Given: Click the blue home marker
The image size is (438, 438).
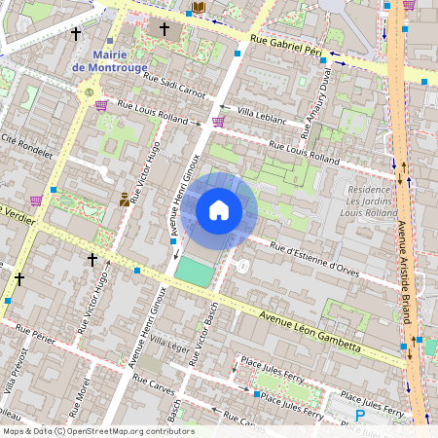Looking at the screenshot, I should click(x=219, y=209).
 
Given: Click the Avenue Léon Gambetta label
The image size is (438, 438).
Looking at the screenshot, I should click(x=310, y=331).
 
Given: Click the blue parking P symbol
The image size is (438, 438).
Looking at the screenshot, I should click(x=360, y=416).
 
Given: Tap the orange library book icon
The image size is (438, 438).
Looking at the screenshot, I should click(x=199, y=8).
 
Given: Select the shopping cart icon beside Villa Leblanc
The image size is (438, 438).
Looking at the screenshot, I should click(x=218, y=122).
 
